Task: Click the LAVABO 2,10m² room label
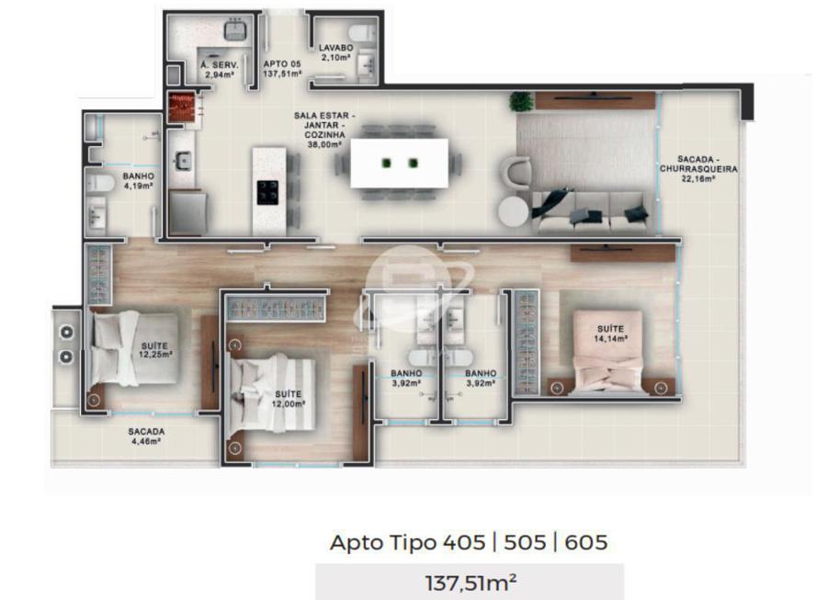[335, 52]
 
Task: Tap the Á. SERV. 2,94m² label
[220, 70]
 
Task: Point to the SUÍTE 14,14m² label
[610, 334]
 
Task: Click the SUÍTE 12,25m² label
[155, 351]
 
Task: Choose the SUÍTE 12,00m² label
[289, 399]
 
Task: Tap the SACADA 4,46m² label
[146, 436]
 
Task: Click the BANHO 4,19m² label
[138, 181]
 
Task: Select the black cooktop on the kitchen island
[267, 192]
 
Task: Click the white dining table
[400, 163]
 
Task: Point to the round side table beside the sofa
[513, 212]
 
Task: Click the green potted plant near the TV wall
[521, 101]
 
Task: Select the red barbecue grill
[183, 108]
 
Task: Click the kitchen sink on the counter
[183, 160]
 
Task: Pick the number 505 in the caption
[525, 541]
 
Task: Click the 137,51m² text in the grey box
[470, 583]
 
